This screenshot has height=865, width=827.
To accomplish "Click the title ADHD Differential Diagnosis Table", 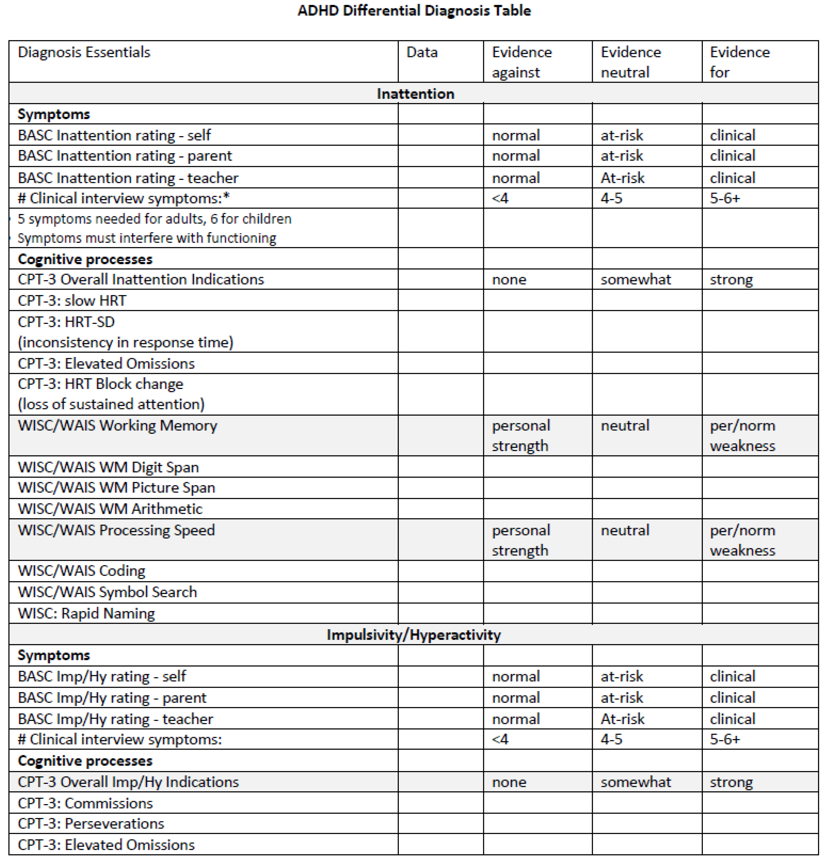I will coord(414,10).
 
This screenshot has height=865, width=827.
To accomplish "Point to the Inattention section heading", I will coord(415,94).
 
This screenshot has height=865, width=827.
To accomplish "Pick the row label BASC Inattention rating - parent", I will coord(125,156).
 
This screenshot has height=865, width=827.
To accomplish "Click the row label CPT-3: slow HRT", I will coord(72,300).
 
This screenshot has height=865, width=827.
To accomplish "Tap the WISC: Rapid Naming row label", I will coord(86,613).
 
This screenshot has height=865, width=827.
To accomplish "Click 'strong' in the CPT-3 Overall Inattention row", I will coord(731,279).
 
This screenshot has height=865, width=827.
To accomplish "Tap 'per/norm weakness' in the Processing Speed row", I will coord(742,540).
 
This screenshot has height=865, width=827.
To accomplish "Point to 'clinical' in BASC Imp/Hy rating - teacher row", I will coord(732,719).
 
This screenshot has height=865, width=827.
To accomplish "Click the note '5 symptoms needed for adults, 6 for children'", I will coord(154,219).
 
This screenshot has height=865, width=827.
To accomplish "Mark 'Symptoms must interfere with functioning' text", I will coord(147,238).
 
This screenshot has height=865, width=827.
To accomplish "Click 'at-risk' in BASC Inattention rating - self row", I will coord(622,135).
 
